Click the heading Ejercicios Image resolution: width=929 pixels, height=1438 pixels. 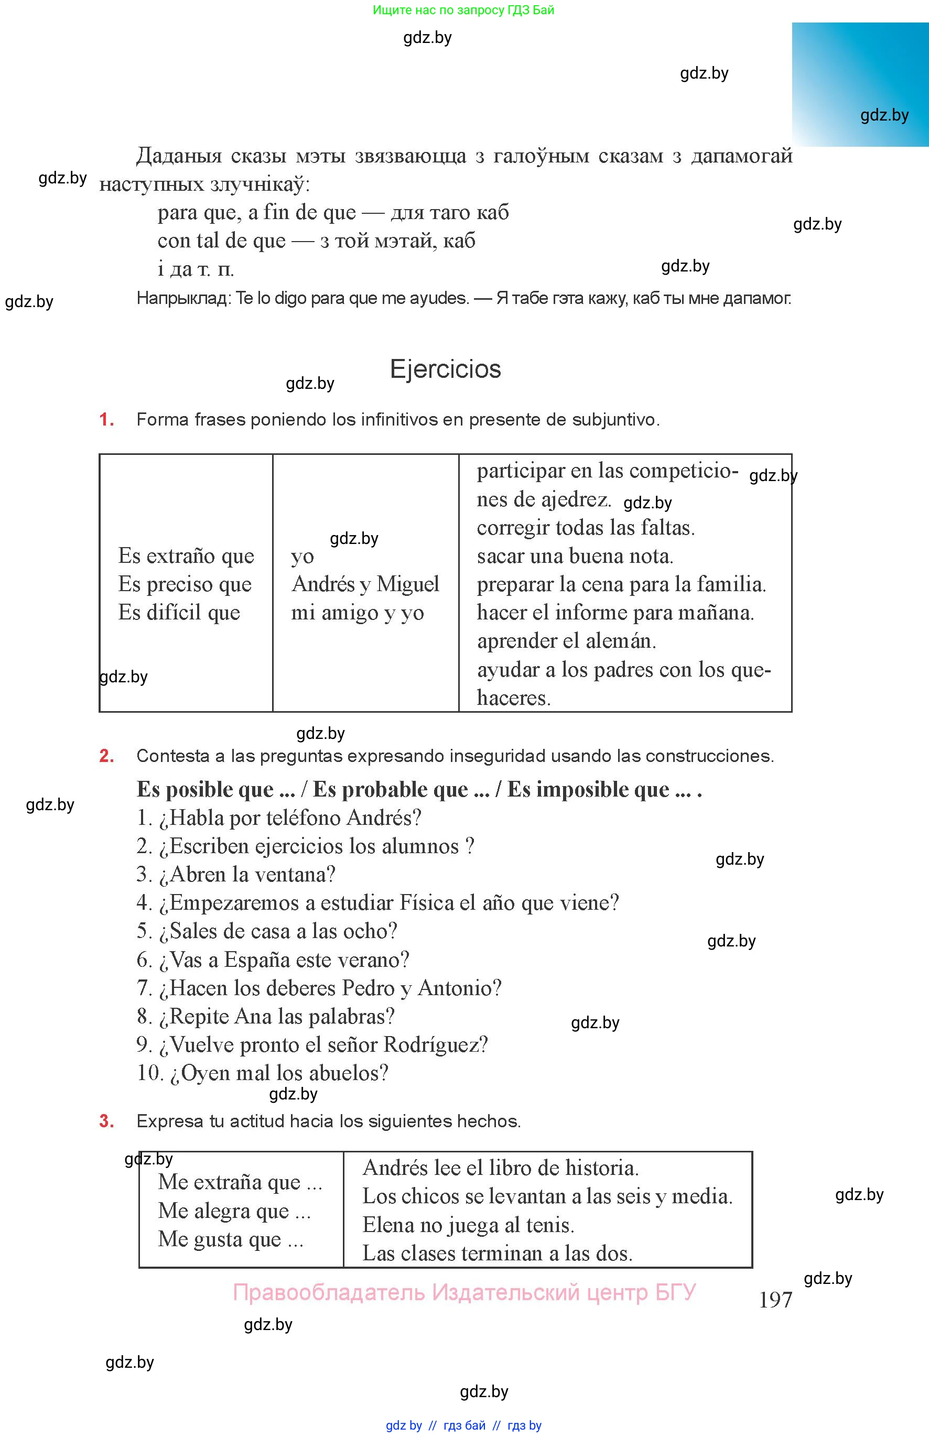point(445,369)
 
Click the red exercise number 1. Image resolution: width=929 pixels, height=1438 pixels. point(106,420)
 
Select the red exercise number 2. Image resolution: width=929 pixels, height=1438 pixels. point(106,756)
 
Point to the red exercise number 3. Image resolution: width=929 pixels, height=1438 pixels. point(106,1121)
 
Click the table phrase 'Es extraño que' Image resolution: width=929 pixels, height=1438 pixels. point(186,556)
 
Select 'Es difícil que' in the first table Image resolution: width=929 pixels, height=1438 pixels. point(179,613)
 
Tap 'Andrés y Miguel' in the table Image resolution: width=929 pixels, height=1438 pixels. point(365,584)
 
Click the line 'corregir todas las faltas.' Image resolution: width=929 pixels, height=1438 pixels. point(585,528)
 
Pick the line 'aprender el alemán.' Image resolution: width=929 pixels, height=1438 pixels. point(566,641)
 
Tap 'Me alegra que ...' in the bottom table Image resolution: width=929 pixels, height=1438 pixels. point(234,1211)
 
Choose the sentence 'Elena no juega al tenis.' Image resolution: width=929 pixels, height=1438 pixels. point(468,1225)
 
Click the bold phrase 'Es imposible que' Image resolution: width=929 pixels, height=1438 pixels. point(588,789)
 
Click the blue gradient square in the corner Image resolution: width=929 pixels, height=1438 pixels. point(860,84)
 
